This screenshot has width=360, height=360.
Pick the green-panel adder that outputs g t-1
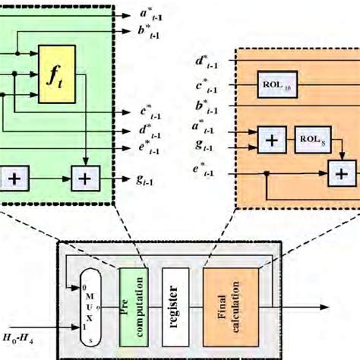(x=86, y=179)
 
